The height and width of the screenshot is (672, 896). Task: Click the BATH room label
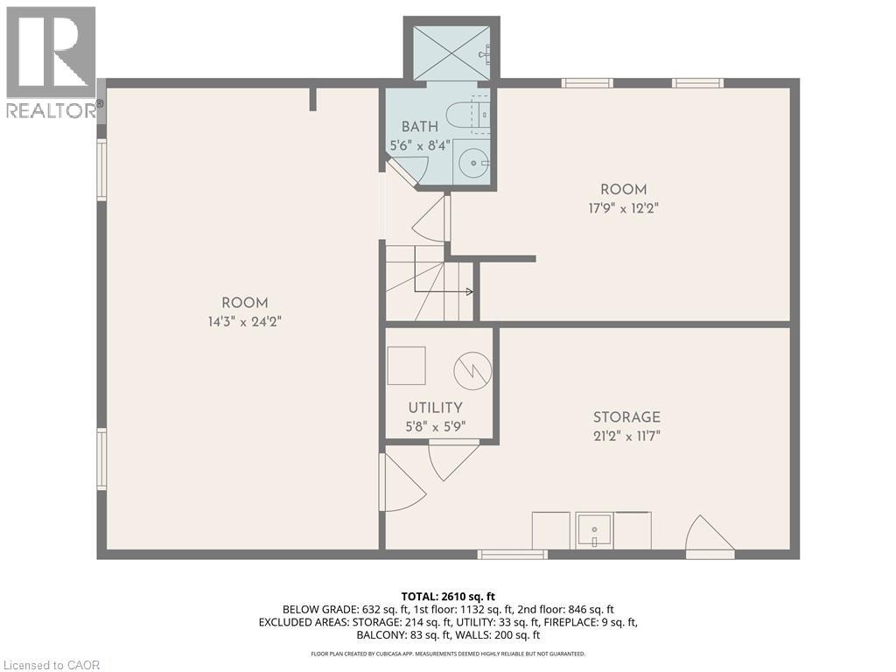pyautogui.click(x=420, y=127)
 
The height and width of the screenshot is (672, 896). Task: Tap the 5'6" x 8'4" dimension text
pyautogui.click(x=420, y=145)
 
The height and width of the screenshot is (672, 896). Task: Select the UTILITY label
pyautogui.click(x=435, y=408)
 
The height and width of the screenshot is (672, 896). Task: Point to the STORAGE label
pyautogui.click(x=626, y=417)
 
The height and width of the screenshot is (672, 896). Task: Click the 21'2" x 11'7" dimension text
pyautogui.click(x=626, y=436)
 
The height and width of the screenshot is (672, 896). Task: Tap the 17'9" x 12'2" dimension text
pyautogui.click(x=623, y=208)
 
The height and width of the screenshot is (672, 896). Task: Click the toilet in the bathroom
pyautogui.click(x=459, y=115)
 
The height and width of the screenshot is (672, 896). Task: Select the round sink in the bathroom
pyautogui.click(x=474, y=162)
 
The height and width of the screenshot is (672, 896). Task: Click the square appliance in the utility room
pyautogui.click(x=407, y=365)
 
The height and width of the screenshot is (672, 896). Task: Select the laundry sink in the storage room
pyautogui.click(x=595, y=529)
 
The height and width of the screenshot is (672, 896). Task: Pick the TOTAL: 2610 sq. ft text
pyautogui.click(x=447, y=596)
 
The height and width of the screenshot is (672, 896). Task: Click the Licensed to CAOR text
pyautogui.click(x=51, y=665)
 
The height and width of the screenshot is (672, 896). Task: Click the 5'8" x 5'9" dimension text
pyautogui.click(x=435, y=427)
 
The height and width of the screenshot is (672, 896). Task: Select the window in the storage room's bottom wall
pyautogui.click(x=513, y=554)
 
